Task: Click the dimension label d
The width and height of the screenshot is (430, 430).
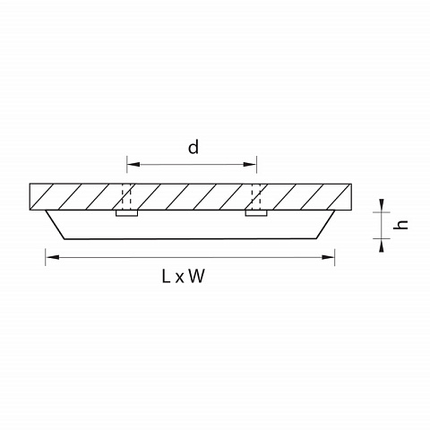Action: click(x=193, y=147)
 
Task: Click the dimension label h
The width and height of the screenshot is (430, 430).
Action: click(x=400, y=225)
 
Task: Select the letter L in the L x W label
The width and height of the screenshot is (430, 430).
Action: click(x=166, y=276)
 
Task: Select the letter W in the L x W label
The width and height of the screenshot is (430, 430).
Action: click(x=197, y=276)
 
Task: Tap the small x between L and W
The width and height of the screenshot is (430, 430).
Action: click(x=179, y=279)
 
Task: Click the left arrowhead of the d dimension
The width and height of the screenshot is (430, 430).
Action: click(x=133, y=164)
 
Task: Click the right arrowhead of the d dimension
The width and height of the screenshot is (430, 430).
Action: click(x=250, y=164)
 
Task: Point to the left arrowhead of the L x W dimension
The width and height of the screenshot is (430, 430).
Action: click(x=52, y=257)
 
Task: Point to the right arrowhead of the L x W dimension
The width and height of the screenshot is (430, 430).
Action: click(x=328, y=257)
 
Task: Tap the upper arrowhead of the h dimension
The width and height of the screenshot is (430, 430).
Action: click(x=382, y=205)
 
